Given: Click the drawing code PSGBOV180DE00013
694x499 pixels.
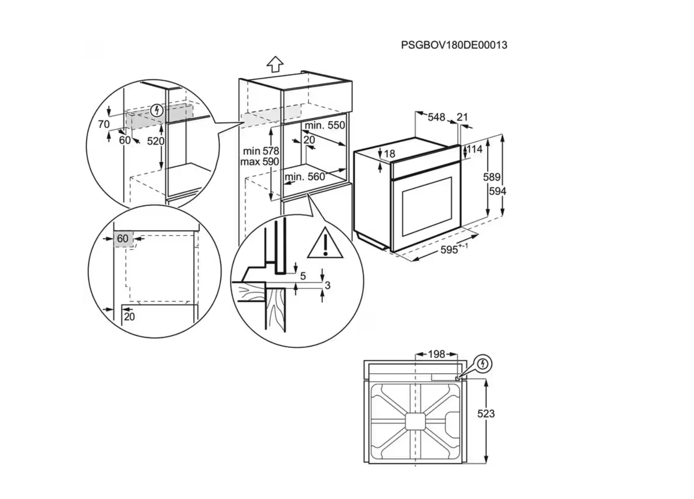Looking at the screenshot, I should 454,45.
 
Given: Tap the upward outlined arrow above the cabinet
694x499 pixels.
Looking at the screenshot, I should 275,64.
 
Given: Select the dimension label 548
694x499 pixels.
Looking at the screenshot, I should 436,117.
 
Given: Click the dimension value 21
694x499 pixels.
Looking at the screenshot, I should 462,117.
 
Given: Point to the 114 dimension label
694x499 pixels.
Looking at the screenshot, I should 475,149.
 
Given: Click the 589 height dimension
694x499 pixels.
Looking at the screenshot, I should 491,177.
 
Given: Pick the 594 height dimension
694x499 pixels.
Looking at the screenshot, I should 497,191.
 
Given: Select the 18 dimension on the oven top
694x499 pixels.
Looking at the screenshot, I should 390,154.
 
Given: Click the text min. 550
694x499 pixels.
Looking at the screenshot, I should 325,125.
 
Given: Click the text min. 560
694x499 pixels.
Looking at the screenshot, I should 305,177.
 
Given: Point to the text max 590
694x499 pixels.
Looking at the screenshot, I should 260,162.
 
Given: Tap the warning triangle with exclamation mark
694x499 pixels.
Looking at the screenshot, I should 325,244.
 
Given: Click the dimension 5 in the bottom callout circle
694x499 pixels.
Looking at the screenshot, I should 303,276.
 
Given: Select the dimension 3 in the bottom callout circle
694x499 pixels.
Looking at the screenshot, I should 327,285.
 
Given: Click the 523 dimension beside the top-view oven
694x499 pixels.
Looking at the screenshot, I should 486,414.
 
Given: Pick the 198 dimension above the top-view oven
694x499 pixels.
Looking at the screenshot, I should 436,354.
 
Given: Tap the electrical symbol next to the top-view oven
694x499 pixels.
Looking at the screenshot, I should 482,364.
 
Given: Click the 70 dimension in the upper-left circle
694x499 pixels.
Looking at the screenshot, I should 104,124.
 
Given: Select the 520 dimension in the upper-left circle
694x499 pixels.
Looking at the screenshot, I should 155,141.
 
